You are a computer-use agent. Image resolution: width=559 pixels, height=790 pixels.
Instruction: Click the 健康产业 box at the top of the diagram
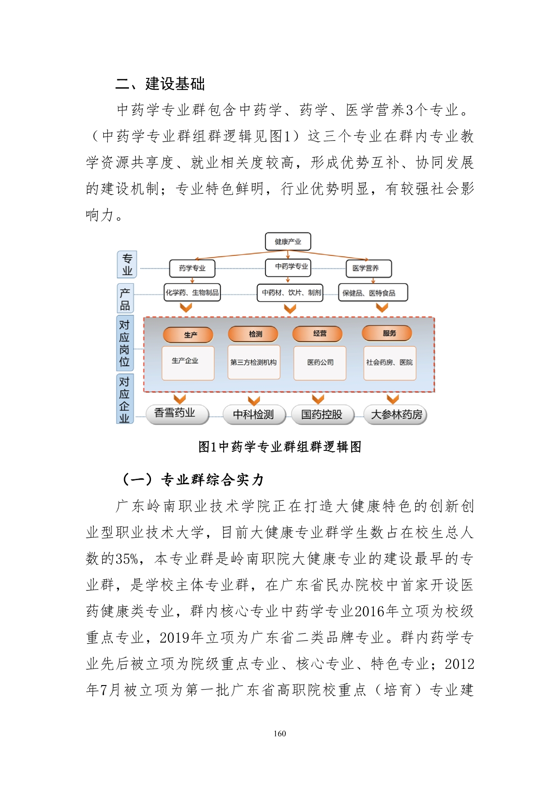pos(288,241)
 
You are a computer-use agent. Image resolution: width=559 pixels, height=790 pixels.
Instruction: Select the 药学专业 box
pos(192,268)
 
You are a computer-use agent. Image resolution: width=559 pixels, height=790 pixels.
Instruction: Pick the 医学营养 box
pos(368,268)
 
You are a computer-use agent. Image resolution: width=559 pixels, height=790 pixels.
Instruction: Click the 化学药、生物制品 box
pos(192,292)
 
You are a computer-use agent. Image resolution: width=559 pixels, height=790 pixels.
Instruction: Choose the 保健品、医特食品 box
pos(372,292)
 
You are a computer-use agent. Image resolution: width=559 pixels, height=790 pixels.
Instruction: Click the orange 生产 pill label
pos(188,335)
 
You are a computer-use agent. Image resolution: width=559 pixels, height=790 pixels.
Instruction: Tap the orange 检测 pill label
pos(253,334)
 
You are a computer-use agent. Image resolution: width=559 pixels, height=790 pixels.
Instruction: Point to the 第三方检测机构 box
pos(253,362)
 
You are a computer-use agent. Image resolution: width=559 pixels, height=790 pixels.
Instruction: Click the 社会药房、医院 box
pos(389,362)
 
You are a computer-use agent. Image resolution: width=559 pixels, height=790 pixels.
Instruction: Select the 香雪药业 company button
pos(177,413)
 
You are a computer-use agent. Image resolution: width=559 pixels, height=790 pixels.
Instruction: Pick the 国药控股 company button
pos(322,414)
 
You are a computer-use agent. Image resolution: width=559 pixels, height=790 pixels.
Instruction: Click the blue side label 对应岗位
pos(124,343)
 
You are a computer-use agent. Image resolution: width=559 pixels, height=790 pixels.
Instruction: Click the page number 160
pos(279,734)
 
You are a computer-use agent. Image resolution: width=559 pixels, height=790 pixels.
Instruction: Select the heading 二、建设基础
pos(160,84)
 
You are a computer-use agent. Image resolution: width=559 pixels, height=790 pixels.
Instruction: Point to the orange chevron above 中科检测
pos(254,400)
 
